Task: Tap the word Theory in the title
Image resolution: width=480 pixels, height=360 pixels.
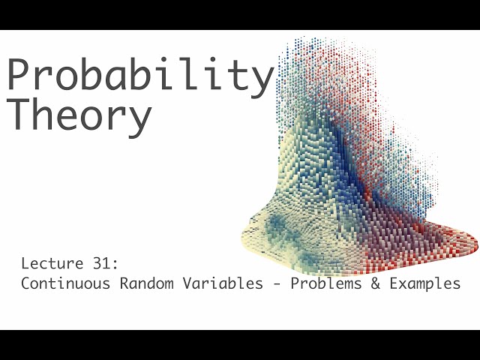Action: click(79, 115)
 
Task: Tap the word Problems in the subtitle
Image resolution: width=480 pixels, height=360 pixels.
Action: click(323, 284)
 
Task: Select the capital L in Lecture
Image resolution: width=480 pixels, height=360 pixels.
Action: click(25, 264)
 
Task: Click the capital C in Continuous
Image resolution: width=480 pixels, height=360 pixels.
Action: click(25, 284)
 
